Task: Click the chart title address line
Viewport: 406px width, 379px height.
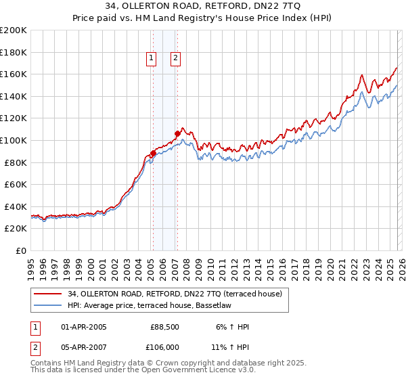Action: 203,6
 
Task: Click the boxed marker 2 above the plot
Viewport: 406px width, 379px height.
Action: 175,59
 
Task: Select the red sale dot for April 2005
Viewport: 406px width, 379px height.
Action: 153,153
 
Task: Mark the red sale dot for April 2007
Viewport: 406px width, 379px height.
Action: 177,133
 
